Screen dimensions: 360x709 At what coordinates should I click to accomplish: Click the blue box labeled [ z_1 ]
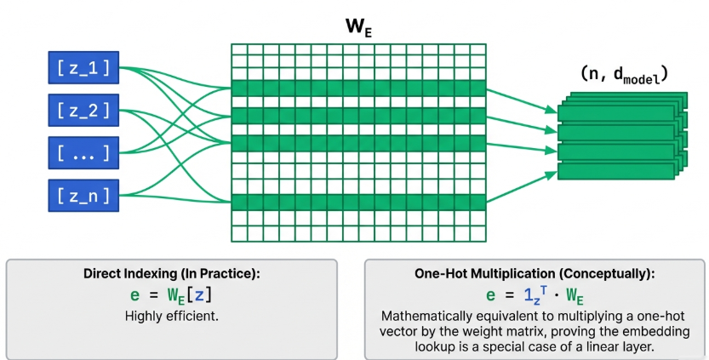[83, 67]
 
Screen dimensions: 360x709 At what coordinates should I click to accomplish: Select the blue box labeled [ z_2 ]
[83, 110]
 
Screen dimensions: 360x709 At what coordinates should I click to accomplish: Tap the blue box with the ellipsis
[83, 153]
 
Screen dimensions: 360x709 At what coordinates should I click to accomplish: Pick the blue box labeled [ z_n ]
[83, 196]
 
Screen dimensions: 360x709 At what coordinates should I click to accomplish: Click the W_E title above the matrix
[358, 26]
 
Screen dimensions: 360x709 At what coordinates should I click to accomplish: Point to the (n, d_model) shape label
[623, 75]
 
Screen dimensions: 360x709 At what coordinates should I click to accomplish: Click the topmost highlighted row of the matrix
[358, 87]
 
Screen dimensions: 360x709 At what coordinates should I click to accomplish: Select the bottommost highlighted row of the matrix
[358, 202]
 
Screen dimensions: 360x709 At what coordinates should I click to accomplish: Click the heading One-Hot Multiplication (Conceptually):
[534, 274]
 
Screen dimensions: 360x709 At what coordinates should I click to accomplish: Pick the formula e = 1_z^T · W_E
[534, 295]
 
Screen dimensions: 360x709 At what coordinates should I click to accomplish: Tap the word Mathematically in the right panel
[423, 314]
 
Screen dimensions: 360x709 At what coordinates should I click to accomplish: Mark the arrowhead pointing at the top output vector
[553, 110]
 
